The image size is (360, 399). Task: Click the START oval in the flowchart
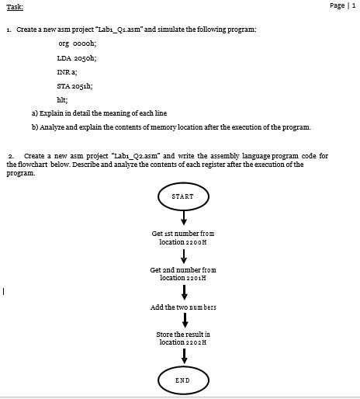coord(183,196)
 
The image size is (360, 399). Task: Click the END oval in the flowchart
coord(183,380)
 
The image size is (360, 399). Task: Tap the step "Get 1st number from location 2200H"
coord(183,238)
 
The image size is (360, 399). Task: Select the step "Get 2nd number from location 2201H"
coord(183,273)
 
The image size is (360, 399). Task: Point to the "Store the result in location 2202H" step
coord(183,338)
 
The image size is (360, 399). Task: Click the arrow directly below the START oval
coord(183,219)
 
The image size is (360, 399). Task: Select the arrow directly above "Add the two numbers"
coord(183,292)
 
